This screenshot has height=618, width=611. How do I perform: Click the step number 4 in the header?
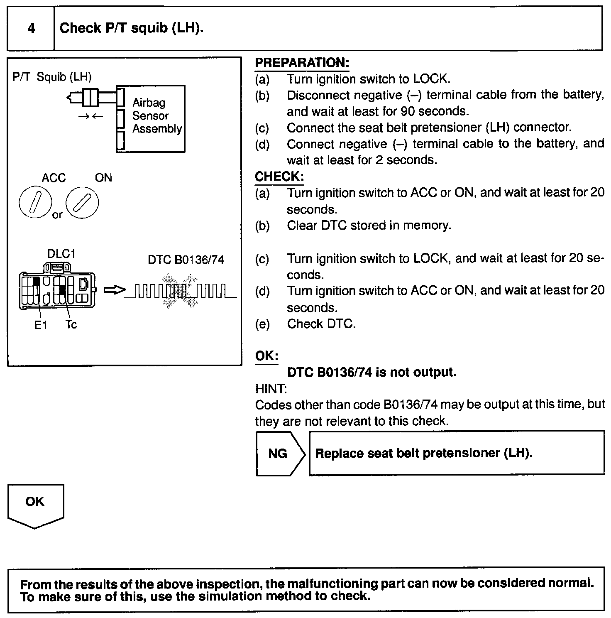coord(32,28)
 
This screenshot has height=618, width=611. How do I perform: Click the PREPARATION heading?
coord(302,63)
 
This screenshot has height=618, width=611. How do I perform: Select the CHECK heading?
coord(279,177)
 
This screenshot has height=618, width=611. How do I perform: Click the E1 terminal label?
coord(41,325)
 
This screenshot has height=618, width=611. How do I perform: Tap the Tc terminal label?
coord(71,324)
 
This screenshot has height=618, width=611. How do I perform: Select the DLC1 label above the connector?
coord(61,254)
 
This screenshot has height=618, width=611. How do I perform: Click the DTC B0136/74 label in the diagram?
coord(186,260)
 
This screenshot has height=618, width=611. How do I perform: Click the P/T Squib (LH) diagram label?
coord(52,77)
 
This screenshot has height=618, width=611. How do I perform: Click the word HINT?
coord(270,389)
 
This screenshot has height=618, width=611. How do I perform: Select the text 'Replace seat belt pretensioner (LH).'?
coord(424,453)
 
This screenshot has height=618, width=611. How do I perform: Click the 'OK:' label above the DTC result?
coord(266,356)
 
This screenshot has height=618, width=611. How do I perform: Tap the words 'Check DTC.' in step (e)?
coord(321,324)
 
